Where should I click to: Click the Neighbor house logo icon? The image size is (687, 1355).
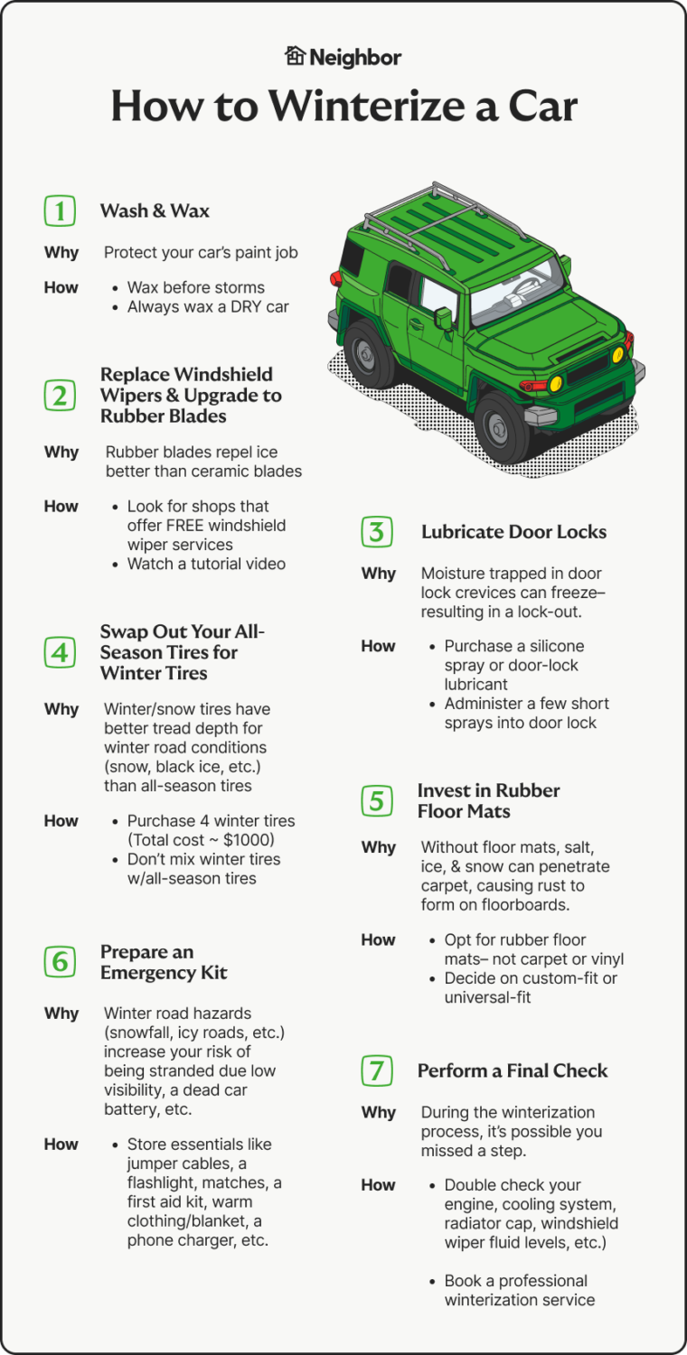[x=296, y=56]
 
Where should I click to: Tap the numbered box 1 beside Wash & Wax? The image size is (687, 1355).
[x=60, y=211]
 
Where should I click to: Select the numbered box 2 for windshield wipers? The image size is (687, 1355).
[x=60, y=396]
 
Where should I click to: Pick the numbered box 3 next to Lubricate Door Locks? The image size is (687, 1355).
[x=377, y=532]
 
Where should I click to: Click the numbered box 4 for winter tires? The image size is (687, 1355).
[x=60, y=652]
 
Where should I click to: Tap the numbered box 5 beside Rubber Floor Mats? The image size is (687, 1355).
[x=377, y=800]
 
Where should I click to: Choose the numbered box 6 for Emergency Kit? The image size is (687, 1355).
[x=60, y=962]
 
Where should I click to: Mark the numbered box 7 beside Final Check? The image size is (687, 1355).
[x=377, y=1070]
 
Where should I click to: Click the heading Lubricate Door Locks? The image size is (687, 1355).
[x=513, y=532]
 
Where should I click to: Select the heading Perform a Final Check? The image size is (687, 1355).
[x=512, y=1070]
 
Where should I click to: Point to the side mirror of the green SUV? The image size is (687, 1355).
[x=444, y=318]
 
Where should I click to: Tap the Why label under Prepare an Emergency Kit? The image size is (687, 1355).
[x=61, y=1014]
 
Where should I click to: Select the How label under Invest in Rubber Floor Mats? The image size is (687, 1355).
[x=378, y=940]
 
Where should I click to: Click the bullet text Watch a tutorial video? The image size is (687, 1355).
[x=206, y=564]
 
